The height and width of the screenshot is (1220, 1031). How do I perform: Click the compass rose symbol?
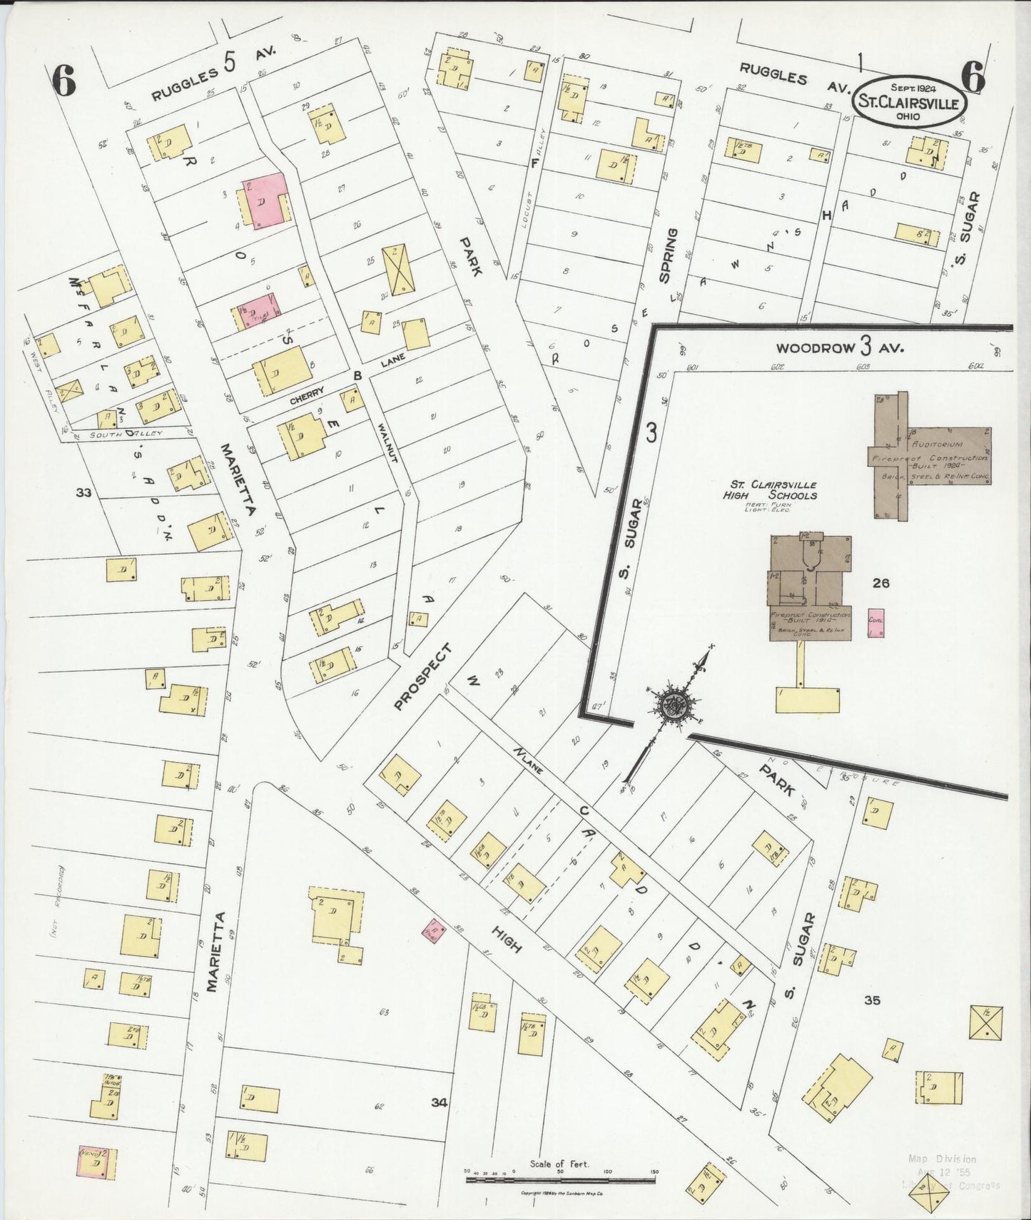coord(672,706)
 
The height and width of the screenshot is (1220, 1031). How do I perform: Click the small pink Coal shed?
coord(876,621)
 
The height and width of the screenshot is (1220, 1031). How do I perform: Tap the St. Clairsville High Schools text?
coord(769,490)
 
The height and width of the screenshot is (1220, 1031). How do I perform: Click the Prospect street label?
coord(423,678)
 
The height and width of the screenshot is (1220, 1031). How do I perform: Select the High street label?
coord(506,938)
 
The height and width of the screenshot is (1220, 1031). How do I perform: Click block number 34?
coord(439,1122)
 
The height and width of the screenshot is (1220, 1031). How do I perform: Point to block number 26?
coord(880,583)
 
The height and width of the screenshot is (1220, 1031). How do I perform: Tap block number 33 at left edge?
coord(83,492)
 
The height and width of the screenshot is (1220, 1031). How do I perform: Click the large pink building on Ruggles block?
coord(264,203)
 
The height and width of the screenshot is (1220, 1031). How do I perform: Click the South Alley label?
coord(118,433)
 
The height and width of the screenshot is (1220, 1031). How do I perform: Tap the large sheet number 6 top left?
coord(64,81)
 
